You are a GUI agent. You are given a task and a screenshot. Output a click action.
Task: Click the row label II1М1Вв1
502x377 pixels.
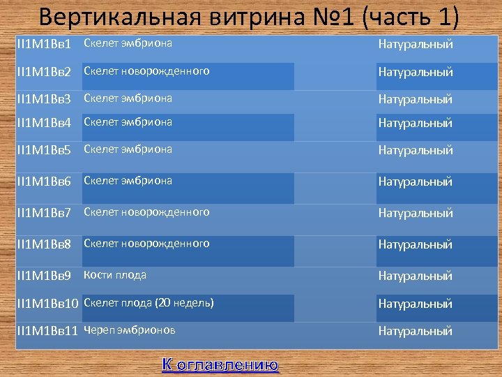click(44, 44)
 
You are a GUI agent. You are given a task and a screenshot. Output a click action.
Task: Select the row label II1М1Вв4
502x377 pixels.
click(44, 123)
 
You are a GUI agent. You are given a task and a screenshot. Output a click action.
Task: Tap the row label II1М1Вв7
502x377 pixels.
click(44, 213)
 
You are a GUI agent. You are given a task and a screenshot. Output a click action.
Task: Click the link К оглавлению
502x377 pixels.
click(220, 364)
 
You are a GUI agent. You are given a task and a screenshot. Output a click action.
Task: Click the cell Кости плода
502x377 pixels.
click(115, 275)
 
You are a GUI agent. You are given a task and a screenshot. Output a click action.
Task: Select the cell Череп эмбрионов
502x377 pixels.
click(130, 330)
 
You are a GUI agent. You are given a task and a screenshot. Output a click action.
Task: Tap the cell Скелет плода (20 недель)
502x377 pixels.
click(149, 302)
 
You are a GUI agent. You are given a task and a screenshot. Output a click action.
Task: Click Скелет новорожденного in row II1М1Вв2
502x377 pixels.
click(146, 71)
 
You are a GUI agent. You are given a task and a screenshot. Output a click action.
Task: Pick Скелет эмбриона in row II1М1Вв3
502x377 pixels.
click(128, 98)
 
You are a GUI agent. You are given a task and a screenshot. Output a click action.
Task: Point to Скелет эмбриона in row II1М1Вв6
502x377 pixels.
click(128, 180)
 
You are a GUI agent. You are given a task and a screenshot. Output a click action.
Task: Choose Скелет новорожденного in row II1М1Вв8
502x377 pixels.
click(146, 243)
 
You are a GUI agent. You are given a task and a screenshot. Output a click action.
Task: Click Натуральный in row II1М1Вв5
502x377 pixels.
click(416, 150)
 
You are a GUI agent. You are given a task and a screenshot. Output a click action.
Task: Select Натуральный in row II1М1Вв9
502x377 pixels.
click(416, 276)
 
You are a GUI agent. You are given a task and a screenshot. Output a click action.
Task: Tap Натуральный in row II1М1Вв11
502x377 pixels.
click(416, 331)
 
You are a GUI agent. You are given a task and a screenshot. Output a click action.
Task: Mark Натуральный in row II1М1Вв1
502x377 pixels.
click(416, 44)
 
